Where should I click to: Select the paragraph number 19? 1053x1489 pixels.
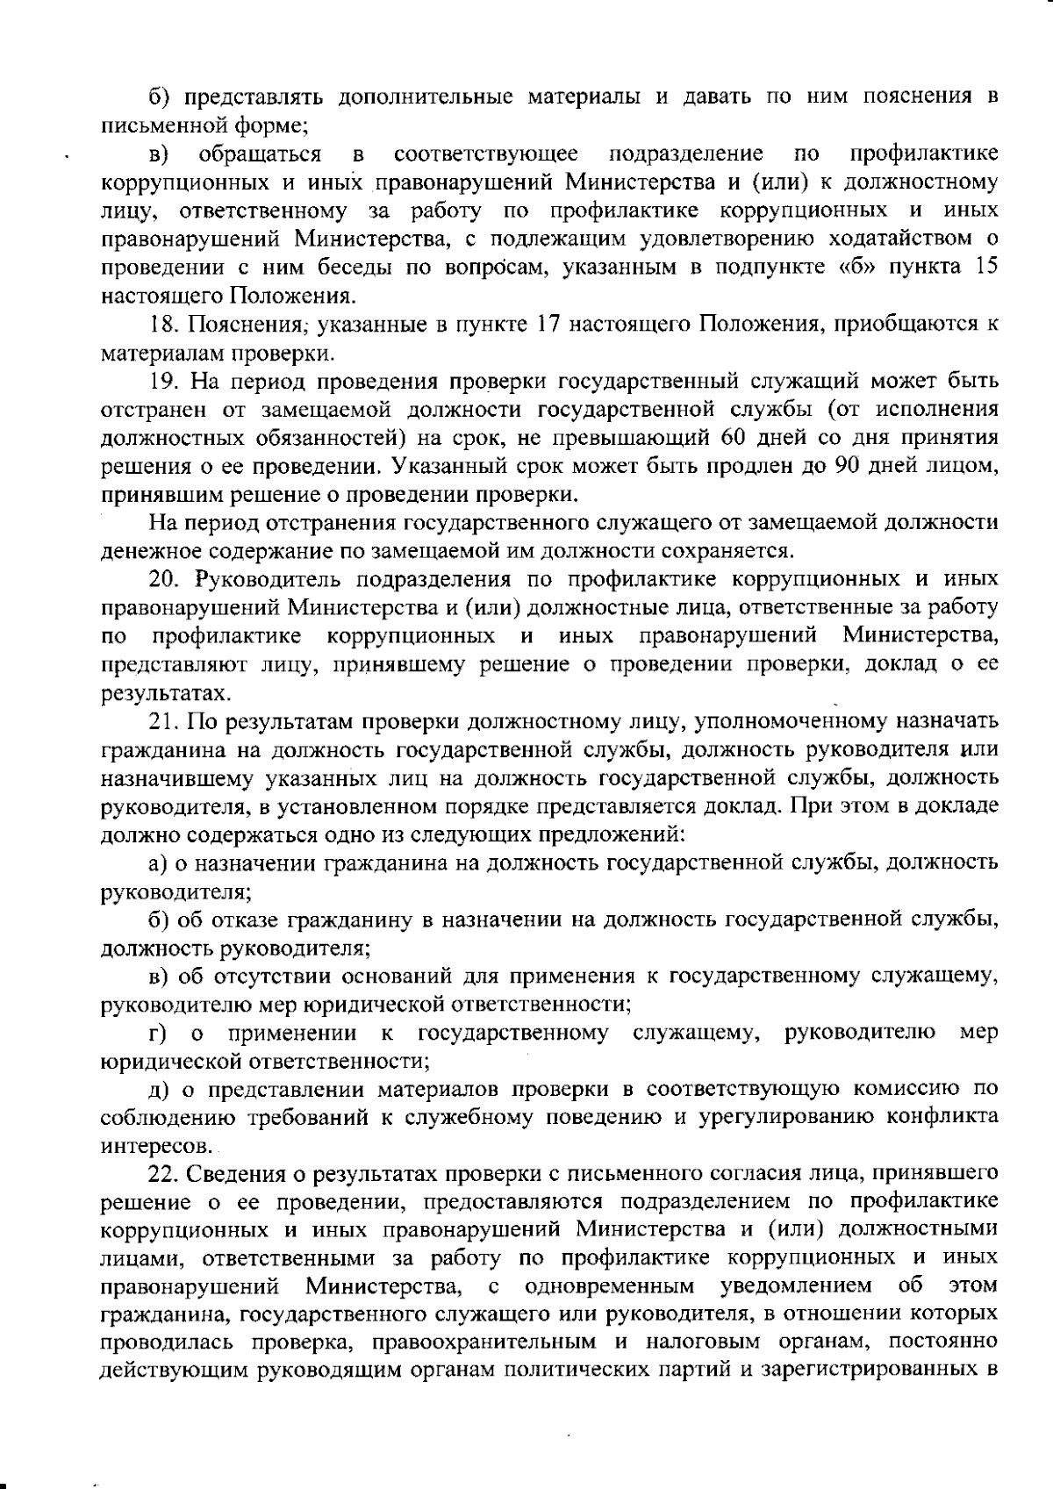point(162,382)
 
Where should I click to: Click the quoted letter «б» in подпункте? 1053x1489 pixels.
point(857,268)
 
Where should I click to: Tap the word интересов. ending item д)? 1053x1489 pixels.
point(146,1146)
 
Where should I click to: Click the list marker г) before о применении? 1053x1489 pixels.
point(158,1033)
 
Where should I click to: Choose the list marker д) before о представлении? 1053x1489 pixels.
point(160,1090)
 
